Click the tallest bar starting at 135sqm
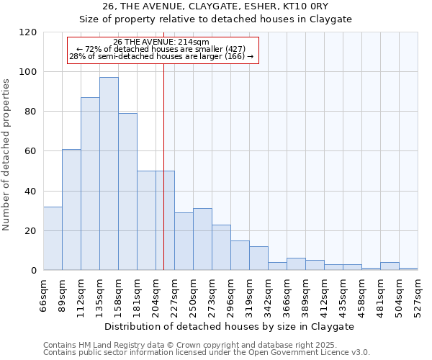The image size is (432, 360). pos(109,174)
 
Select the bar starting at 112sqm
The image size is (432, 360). pos(90,184)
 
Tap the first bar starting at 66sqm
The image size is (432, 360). pos(53,238)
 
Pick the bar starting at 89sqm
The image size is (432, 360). pos(71,210)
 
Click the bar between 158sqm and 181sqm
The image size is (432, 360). pos(127,192)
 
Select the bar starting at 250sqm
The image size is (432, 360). pos(202,239)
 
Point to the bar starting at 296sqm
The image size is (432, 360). pos(240,255)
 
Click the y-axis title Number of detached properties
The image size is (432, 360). pos(7,156)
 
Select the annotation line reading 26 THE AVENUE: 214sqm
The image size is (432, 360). pos(161,42)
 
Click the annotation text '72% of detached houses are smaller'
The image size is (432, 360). pos(161,49)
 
